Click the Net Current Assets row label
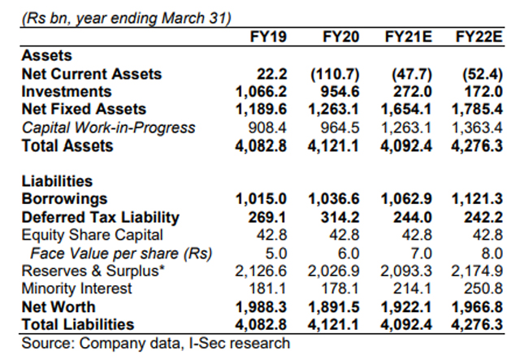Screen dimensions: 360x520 click(91, 74)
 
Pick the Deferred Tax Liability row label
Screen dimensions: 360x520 click(100, 218)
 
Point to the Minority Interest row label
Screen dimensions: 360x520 click(76, 289)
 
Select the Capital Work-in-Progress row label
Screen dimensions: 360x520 click(108, 128)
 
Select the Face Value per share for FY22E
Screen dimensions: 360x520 click(488, 254)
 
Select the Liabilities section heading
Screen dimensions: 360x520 click(57, 182)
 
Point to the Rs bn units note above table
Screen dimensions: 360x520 click(126, 16)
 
